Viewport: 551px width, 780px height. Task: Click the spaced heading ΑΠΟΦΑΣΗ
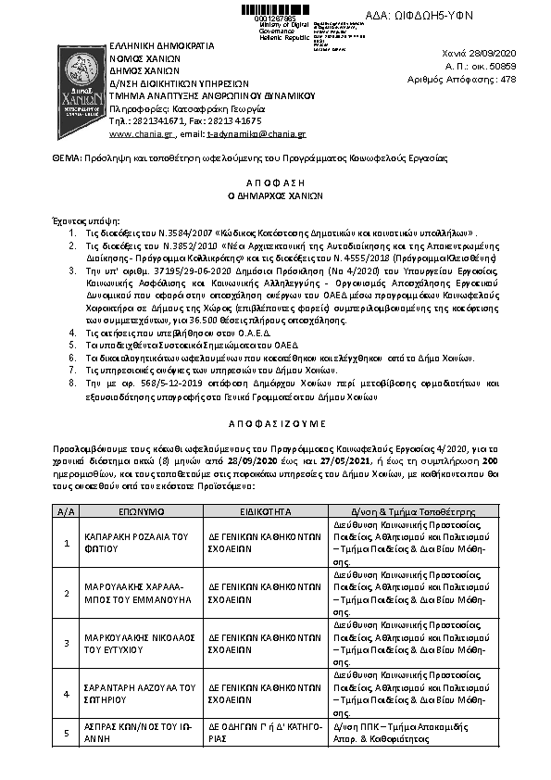pos(275,184)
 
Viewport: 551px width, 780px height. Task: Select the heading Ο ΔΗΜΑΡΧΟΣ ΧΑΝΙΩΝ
pos(275,197)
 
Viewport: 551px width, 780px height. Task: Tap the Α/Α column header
pos(66,510)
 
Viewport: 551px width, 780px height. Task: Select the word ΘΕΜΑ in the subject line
pos(66,158)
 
